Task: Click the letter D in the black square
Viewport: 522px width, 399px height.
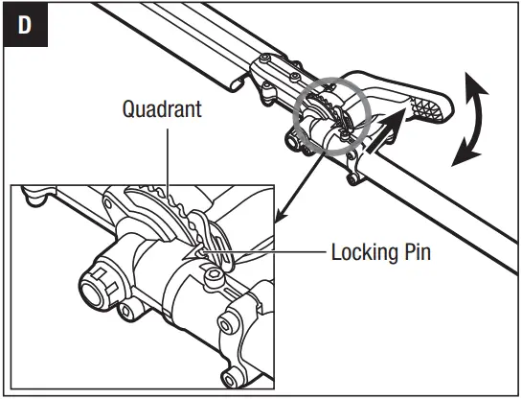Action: [26, 25]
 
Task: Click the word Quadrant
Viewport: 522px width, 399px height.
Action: [162, 107]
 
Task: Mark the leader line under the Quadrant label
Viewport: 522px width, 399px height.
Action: [166, 153]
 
